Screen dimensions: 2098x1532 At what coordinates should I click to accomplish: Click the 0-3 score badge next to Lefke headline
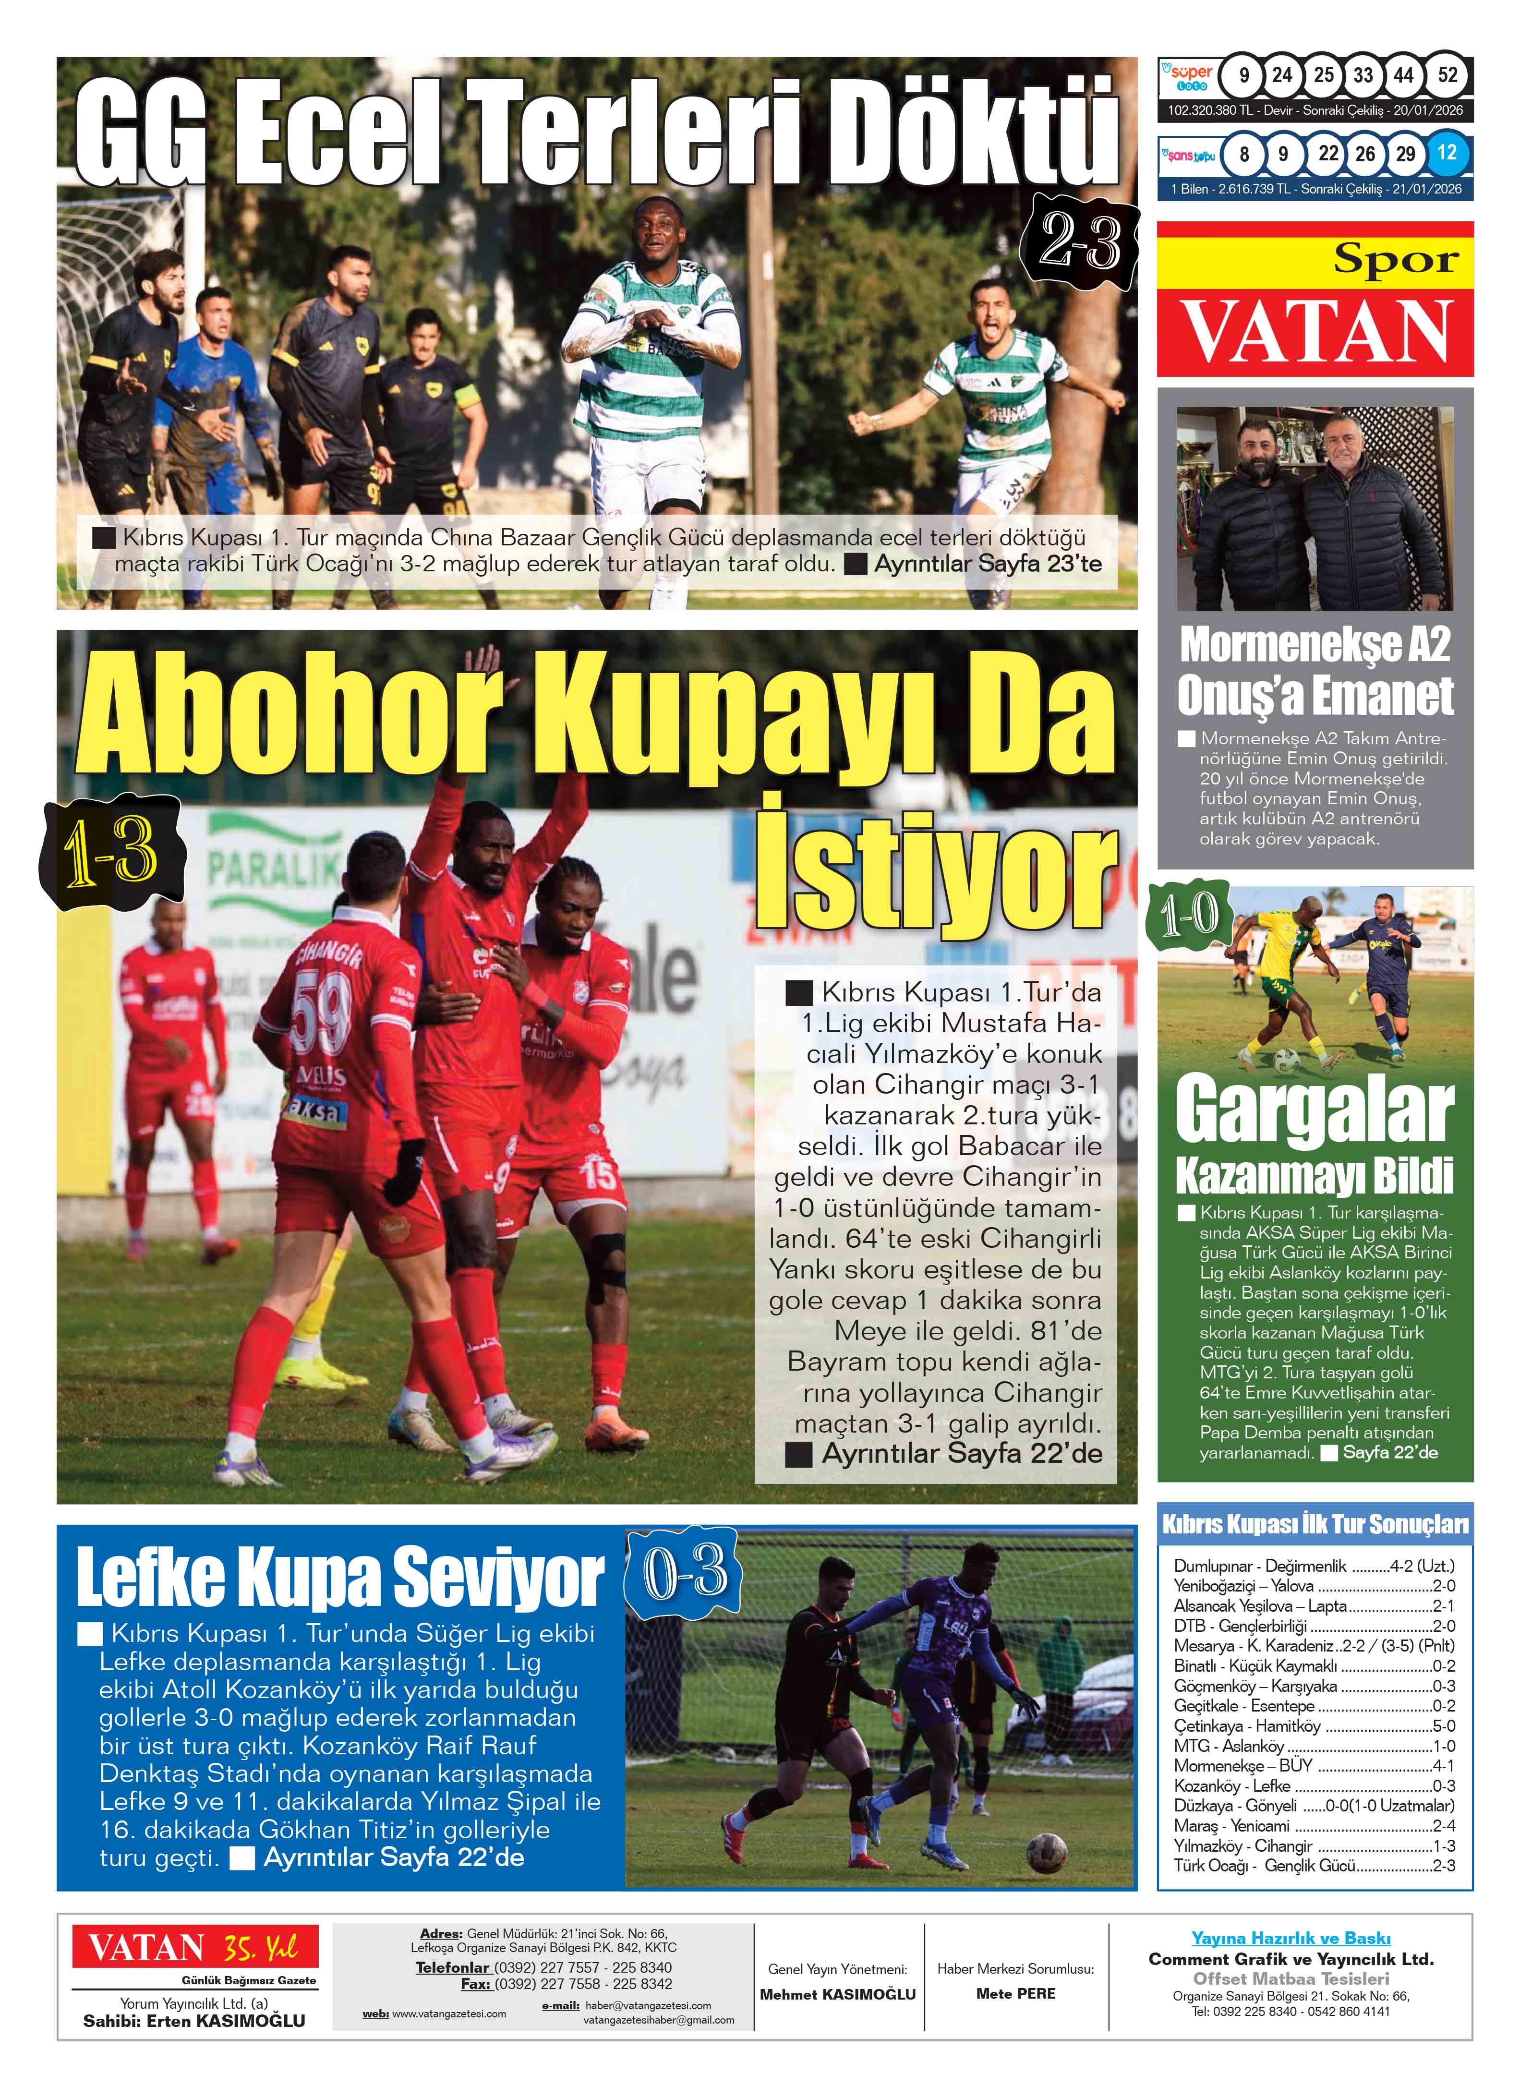coord(685,1570)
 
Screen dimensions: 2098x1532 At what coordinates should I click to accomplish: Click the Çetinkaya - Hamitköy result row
coord(1313,1726)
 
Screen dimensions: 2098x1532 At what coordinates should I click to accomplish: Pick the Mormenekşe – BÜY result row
coord(1313,1766)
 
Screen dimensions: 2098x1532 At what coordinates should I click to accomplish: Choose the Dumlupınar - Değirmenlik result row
coord(1313,1567)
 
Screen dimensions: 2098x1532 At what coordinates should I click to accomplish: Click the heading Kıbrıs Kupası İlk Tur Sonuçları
coord(1315,1525)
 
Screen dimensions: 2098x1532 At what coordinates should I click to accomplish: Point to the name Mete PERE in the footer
coord(1015,1993)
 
